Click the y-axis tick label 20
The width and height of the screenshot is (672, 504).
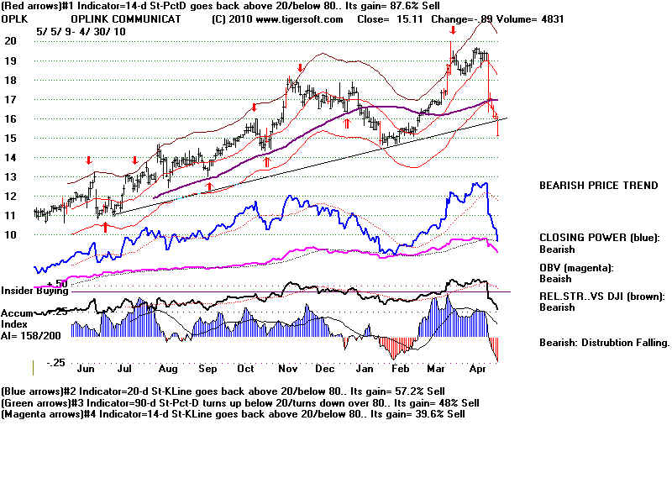[x=11, y=40]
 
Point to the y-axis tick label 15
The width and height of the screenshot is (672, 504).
[x=11, y=138]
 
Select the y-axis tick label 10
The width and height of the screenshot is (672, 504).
[x=11, y=235]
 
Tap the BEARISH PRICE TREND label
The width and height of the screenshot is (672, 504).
[x=598, y=186]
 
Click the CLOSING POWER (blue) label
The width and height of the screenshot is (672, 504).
[x=599, y=238]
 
